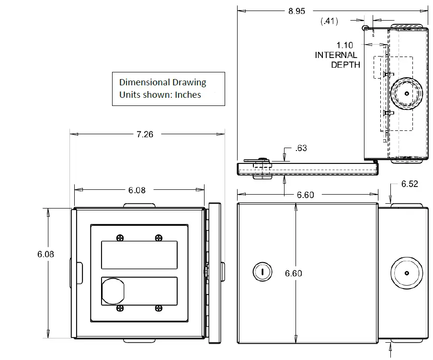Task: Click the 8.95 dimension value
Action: click(296, 11)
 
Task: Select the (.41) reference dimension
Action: click(330, 21)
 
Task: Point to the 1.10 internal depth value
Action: click(344, 45)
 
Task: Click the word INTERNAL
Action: click(336, 55)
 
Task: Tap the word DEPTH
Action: click(345, 65)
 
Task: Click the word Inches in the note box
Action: click(188, 94)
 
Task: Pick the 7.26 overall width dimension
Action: click(145, 134)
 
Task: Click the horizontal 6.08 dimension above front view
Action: click(137, 190)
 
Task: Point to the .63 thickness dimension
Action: click(301, 148)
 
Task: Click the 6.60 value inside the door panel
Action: click(294, 273)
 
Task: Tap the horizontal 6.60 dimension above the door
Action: click(306, 195)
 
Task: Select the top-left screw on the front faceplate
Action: click(119, 237)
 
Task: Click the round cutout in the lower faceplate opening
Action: click(113, 291)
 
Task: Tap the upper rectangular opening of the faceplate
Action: click(139, 255)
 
